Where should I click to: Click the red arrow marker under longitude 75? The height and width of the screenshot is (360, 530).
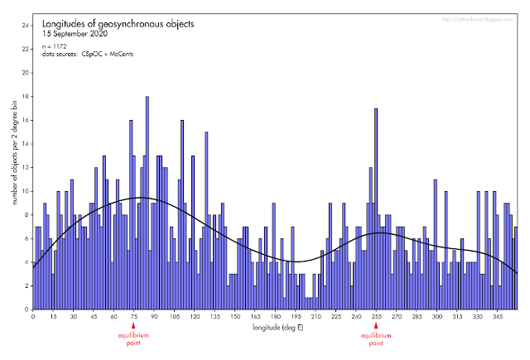point(133,327)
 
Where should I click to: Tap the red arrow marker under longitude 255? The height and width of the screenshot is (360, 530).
point(376,327)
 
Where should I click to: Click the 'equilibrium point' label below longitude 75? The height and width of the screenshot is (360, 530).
point(133,339)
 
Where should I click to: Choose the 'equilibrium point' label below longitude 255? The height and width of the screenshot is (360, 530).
point(376,339)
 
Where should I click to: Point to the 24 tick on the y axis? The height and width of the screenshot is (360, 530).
point(25,25)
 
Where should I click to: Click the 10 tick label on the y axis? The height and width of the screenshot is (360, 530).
point(25,191)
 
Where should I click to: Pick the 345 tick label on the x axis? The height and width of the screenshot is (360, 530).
point(498,317)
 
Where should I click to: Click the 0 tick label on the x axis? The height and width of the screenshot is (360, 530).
point(32,317)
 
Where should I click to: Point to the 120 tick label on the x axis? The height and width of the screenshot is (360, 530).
point(194,317)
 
